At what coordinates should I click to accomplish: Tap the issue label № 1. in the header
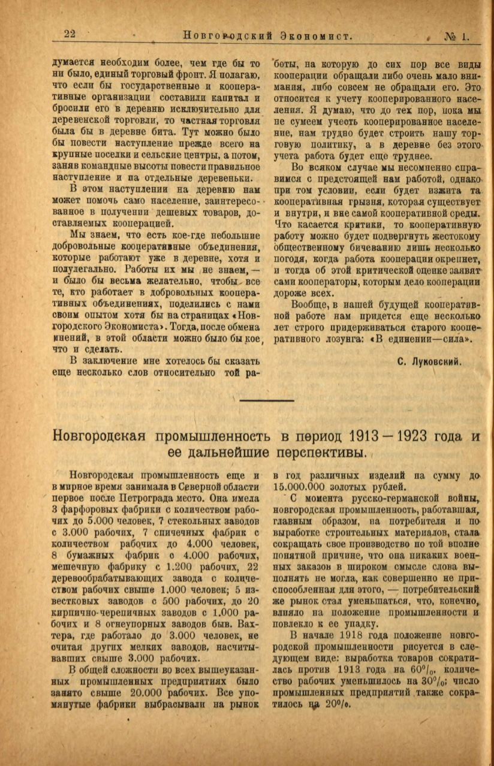click(457, 36)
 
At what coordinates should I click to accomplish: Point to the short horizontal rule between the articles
click(267, 400)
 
